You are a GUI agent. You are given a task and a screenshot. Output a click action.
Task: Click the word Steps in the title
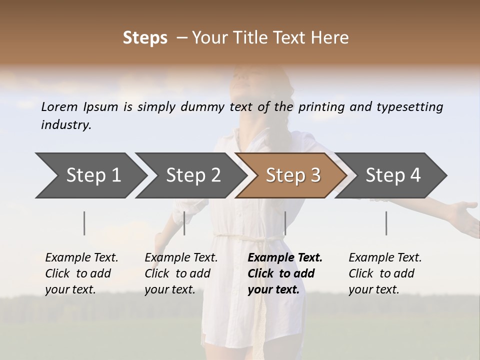pos(145,38)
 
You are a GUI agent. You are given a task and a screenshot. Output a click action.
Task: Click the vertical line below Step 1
pos(84,223)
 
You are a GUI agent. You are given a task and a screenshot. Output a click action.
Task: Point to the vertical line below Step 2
pos(184,223)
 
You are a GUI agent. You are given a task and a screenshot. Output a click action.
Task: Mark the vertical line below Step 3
pos(285,223)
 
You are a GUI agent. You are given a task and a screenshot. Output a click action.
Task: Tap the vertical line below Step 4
pos(386,223)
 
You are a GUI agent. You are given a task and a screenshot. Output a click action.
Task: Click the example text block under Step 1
pos(81,273)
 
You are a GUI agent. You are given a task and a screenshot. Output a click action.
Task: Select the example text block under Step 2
pos(181,273)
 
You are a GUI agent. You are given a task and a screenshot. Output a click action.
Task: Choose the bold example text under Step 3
pos(285,273)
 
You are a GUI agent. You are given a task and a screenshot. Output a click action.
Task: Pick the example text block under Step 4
pos(385,273)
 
